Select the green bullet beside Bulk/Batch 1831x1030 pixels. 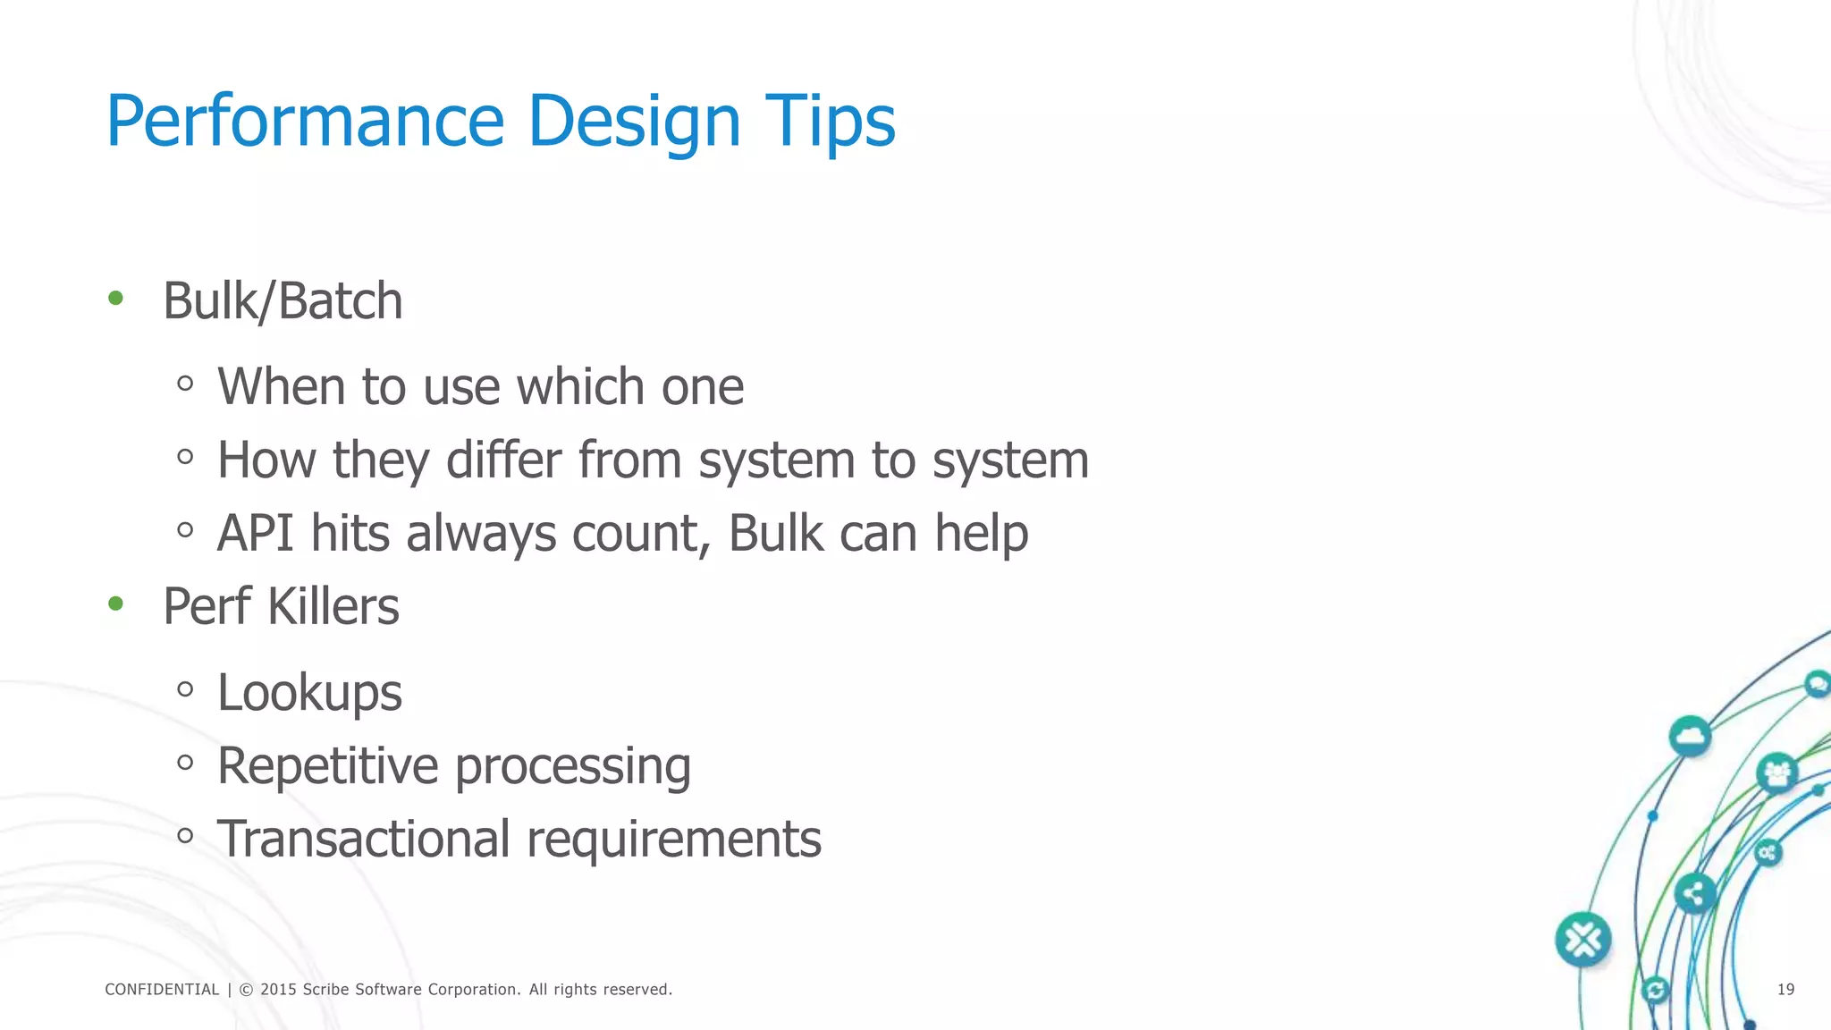click(115, 299)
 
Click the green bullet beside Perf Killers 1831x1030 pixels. click(115, 604)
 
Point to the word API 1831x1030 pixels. click(255, 533)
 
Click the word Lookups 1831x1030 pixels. click(309, 693)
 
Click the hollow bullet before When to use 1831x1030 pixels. click(185, 384)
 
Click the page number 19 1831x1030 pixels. click(1785, 989)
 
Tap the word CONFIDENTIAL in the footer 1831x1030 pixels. click(162, 990)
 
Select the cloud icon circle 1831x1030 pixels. click(1690, 737)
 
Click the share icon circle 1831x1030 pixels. click(1693, 893)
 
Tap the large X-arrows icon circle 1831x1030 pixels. click(1582, 940)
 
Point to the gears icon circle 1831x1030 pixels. click(1768, 853)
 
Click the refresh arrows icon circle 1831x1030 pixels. click(1656, 990)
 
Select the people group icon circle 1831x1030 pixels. click(1776, 772)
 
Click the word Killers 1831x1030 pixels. click(333, 606)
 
